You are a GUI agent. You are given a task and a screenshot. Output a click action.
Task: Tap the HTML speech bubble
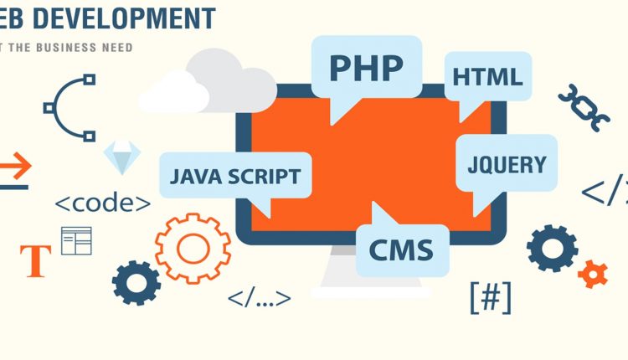tap(486, 77)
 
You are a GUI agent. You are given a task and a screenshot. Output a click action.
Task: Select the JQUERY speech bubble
tap(506, 164)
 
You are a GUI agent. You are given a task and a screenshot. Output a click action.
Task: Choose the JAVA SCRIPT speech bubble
tap(234, 177)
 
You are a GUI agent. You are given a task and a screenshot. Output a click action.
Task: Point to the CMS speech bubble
tap(401, 249)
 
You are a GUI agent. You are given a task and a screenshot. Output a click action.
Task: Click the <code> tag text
tap(103, 203)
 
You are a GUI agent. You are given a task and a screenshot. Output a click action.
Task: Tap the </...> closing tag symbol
tap(259, 296)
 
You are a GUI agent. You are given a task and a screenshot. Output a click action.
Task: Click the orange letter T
tap(35, 260)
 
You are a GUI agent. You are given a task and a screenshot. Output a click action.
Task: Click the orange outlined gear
tap(192, 247)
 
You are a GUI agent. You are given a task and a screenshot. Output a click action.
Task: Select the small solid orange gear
tap(593, 273)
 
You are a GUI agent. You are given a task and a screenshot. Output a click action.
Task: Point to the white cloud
tap(209, 84)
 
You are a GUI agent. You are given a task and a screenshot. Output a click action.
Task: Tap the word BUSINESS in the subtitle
tap(73, 48)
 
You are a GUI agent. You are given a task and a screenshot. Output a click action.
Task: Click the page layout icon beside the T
tap(76, 240)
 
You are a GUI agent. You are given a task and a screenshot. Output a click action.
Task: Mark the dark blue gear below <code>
tap(136, 282)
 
